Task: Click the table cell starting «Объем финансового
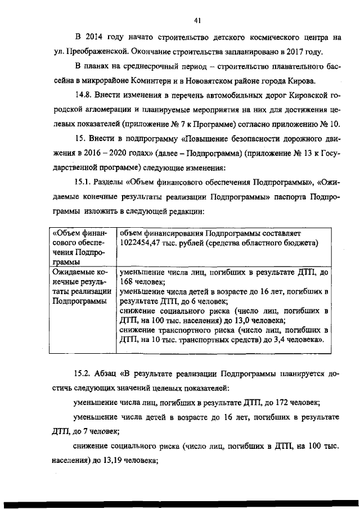pyautogui.click(x=81, y=247)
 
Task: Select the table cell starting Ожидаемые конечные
pyautogui.click(x=81, y=287)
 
